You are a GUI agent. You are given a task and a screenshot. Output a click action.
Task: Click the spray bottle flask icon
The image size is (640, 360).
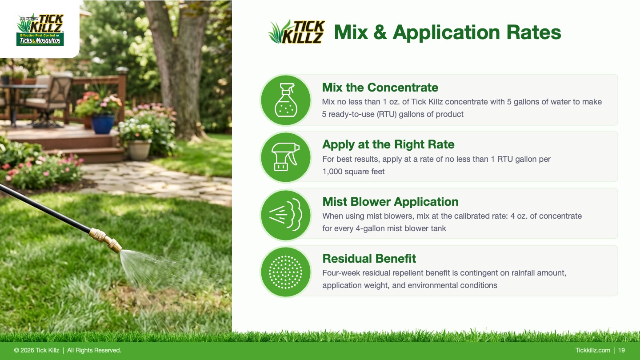point(286,100)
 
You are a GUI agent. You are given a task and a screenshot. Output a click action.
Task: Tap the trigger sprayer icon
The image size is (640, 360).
point(285,157)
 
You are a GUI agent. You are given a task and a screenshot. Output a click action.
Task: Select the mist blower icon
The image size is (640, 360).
point(285,214)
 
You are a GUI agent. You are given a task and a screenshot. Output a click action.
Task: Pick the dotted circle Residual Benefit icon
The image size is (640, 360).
point(285,272)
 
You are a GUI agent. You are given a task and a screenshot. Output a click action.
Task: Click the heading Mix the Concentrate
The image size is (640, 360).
point(380,88)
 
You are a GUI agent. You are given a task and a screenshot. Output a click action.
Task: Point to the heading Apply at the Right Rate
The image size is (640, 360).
point(388,144)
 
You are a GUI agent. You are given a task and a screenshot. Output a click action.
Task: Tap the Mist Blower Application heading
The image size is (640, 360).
point(390,202)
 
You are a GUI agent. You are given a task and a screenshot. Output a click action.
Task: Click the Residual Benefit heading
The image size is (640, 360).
point(369,259)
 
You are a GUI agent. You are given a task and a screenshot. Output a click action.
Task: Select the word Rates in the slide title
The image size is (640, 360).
point(534,32)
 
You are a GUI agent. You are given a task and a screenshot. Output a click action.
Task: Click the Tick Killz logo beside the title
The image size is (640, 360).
point(296,32)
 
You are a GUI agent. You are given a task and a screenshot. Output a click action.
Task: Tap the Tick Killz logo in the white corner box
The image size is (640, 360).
point(40,30)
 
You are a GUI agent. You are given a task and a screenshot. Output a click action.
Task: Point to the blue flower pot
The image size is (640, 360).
point(103,124)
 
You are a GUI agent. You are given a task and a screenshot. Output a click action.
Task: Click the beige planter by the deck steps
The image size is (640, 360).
point(139,150)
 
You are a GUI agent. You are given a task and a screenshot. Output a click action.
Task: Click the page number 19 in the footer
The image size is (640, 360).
point(621,350)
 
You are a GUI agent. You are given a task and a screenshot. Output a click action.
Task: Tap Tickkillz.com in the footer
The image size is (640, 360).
point(592,350)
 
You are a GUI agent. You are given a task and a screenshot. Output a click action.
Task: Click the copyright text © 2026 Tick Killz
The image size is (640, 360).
point(36,350)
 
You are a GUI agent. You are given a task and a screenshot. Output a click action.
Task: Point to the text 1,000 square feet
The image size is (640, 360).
point(353,172)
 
